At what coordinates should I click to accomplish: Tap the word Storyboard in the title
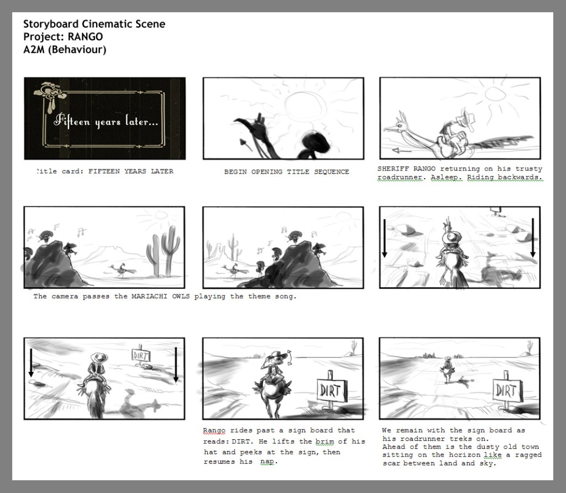tap(51, 24)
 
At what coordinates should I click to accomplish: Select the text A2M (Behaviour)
tap(65, 49)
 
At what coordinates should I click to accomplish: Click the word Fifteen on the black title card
tap(72, 121)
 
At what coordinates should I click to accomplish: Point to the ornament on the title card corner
tap(50, 94)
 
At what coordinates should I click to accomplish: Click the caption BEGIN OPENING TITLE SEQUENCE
tap(287, 172)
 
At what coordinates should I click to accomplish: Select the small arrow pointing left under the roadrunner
tap(401, 151)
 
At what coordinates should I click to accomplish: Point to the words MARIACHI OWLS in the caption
tap(160, 297)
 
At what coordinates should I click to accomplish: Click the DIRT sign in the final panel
tap(507, 390)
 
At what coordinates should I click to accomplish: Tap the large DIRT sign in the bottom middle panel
tap(332, 390)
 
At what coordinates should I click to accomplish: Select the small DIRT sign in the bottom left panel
tap(141, 355)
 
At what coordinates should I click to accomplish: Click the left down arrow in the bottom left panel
tap(31, 362)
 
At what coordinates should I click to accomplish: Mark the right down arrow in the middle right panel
tap(533, 238)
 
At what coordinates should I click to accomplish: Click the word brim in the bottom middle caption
tap(324, 442)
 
